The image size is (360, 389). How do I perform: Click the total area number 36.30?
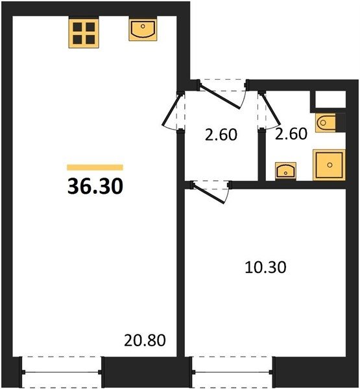tap(95, 186)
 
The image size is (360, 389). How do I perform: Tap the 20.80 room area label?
tap(145, 340)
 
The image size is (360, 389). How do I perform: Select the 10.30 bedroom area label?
tap(265, 267)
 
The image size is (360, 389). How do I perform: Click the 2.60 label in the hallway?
tap(221, 135)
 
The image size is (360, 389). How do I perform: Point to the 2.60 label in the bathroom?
tap(291, 134)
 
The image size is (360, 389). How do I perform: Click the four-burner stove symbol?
tap(84, 33)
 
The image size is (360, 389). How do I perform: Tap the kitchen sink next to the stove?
tap(143, 30)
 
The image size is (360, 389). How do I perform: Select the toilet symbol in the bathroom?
tap(325, 123)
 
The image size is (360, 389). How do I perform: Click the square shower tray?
tap(330, 165)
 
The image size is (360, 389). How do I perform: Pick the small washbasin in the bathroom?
tap(285, 171)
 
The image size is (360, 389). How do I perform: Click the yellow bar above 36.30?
tap(95, 167)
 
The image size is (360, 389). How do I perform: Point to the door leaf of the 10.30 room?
tap(209, 193)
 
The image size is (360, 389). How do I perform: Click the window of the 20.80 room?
tap(62, 372)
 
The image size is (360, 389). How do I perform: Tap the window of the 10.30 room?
tap(232, 372)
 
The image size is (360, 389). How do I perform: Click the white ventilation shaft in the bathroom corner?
tap(330, 99)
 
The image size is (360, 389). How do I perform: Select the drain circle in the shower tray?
tap(330, 165)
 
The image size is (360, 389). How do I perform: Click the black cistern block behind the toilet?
tap(341, 123)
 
